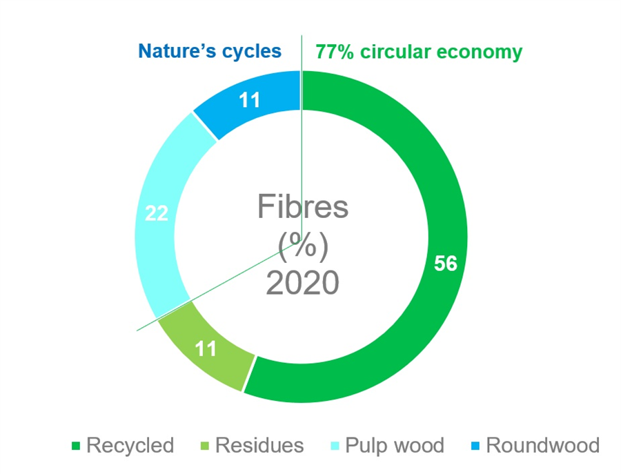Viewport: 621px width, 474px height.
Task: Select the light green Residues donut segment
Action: [206, 348]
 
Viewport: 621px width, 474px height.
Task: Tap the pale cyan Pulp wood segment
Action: [159, 214]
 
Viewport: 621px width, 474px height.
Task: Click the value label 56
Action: [446, 264]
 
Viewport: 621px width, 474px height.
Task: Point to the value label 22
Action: [157, 213]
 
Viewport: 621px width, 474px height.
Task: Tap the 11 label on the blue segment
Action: [250, 100]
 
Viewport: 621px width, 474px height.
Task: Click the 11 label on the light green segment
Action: [206, 349]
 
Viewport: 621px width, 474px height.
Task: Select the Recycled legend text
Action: [130, 446]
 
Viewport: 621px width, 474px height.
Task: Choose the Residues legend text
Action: [259, 446]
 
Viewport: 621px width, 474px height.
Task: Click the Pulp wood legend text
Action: [395, 446]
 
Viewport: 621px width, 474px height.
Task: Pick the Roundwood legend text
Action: [542, 446]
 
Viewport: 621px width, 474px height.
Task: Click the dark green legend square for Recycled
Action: [76, 446]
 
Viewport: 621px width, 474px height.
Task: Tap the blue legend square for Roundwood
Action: [475, 446]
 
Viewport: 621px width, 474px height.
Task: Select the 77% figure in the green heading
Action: [335, 52]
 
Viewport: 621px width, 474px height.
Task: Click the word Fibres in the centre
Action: [303, 206]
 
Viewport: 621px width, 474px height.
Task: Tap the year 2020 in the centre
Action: [303, 282]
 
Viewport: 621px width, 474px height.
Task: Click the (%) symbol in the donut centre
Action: [303, 246]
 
